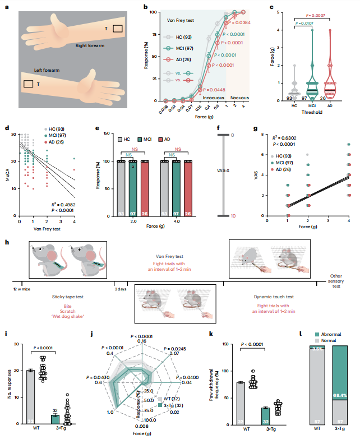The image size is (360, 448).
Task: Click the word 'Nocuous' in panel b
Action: click(x=240, y=97)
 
